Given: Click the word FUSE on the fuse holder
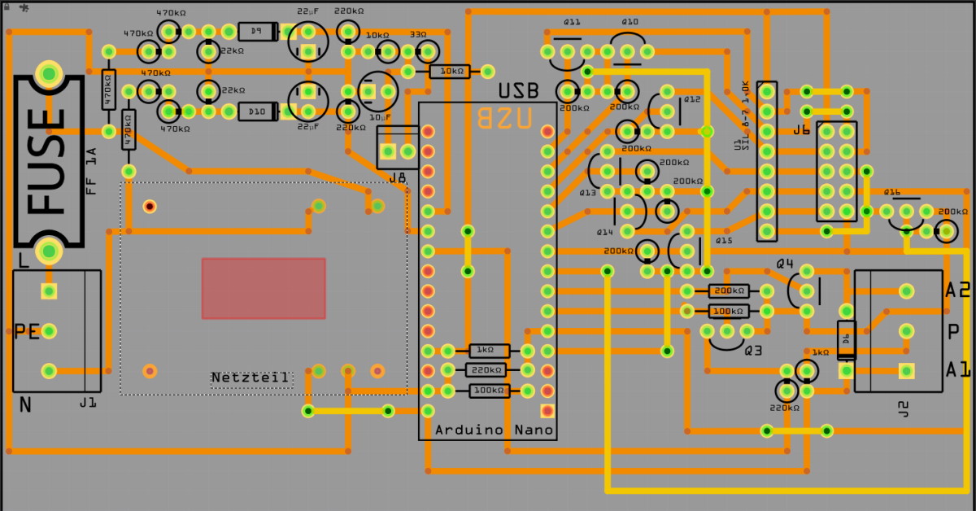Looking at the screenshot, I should [x=48, y=161].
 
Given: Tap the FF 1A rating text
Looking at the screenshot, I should [x=92, y=170].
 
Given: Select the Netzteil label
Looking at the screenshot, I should [x=251, y=378].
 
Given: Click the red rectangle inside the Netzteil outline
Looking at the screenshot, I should [x=264, y=288].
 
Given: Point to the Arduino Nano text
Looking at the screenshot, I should [x=494, y=430].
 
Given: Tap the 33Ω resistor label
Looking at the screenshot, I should [x=418, y=36].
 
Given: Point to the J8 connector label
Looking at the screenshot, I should [x=397, y=178].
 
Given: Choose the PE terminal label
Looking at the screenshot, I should [x=27, y=331].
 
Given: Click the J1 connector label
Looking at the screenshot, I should [x=88, y=403].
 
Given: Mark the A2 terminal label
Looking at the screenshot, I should [x=957, y=290].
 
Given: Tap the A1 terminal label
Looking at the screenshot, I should [x=957, y=370].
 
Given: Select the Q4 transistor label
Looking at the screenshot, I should [x=785, y=264].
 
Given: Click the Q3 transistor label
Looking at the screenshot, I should [x=753, y=351].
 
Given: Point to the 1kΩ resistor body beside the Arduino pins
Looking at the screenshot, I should [x=489, y=351].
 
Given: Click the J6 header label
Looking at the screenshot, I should [x=801, y=130].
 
